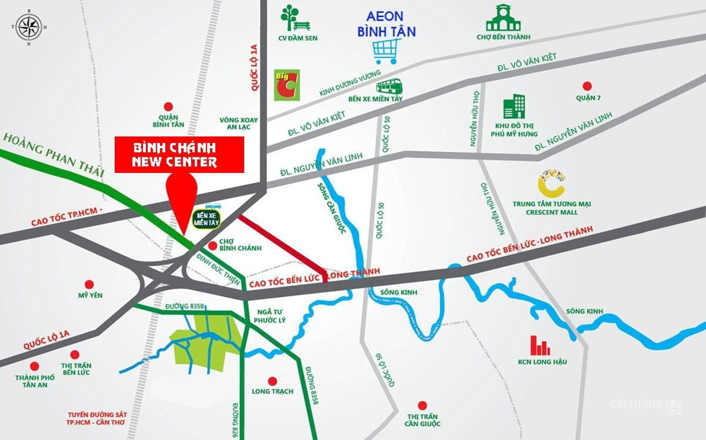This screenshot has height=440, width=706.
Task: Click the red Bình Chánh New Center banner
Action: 179,155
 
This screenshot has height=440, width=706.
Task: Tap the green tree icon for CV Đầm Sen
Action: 293,18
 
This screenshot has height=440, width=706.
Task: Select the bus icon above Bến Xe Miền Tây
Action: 389,87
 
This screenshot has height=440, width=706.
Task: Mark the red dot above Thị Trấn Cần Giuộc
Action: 422,405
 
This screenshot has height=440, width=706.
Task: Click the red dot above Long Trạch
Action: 272,381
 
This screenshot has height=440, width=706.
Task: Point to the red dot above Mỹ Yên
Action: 86,282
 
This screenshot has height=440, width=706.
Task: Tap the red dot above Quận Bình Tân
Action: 168,106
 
